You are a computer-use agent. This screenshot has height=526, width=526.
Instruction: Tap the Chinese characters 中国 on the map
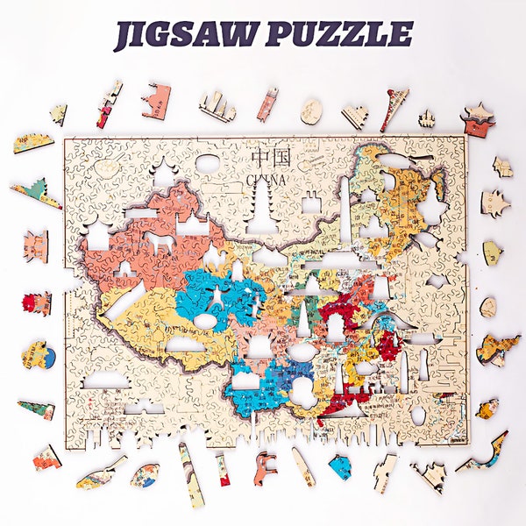pos(271,158)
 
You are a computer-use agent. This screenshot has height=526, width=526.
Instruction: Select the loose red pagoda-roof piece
pos(479,119)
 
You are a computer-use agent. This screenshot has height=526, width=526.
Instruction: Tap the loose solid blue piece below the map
pos(340,466)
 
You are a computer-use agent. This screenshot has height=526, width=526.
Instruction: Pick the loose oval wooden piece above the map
pos(311,110)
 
